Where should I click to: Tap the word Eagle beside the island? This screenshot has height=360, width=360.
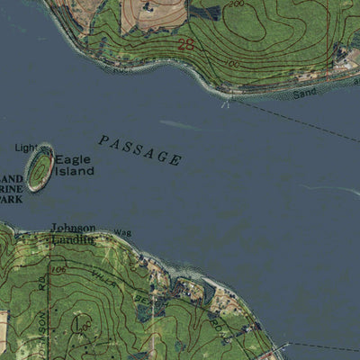pos(72,158)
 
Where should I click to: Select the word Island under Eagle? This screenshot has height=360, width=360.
pos(74,170)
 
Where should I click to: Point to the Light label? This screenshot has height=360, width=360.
pos(27,147)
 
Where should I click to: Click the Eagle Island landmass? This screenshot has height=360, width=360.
pos(40,168)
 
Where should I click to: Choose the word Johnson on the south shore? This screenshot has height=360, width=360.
pos(72,228)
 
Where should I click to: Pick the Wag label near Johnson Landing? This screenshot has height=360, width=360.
pos(121,233)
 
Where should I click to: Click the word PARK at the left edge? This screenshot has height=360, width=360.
pos(10,199)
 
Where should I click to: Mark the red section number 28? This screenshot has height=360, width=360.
pos(186,43)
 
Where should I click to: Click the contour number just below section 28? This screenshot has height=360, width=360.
pos(233,64)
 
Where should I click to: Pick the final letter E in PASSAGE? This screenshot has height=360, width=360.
pos(175,160)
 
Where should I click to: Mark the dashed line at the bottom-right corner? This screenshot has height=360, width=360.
pos(324,346)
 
